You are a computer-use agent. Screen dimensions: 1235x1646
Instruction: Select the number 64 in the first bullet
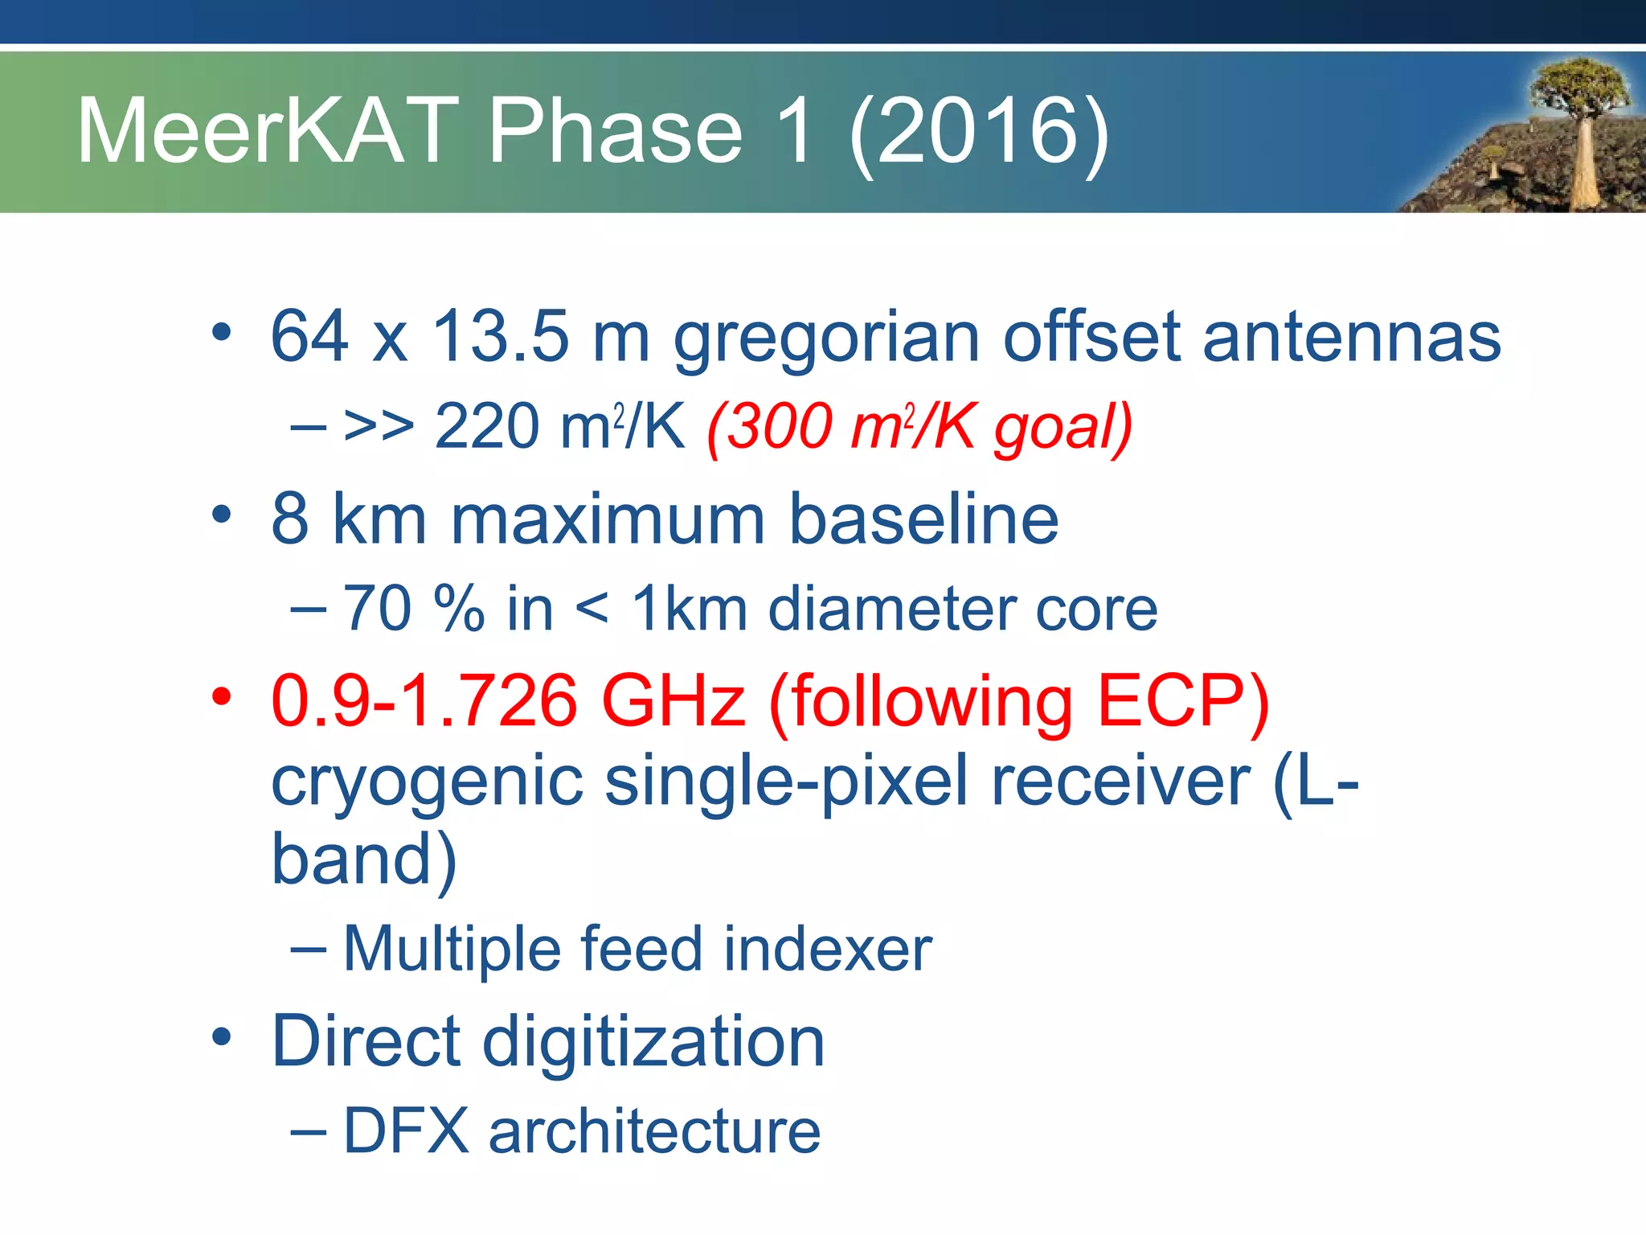pos(309,336)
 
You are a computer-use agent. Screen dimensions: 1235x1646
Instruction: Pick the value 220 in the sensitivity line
pos(486,426)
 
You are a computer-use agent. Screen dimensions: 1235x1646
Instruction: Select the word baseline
pos(923,519)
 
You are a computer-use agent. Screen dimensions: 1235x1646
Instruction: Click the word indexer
pos(827,950)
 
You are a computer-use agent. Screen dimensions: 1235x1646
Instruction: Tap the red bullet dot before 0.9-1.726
pos(222,695)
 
